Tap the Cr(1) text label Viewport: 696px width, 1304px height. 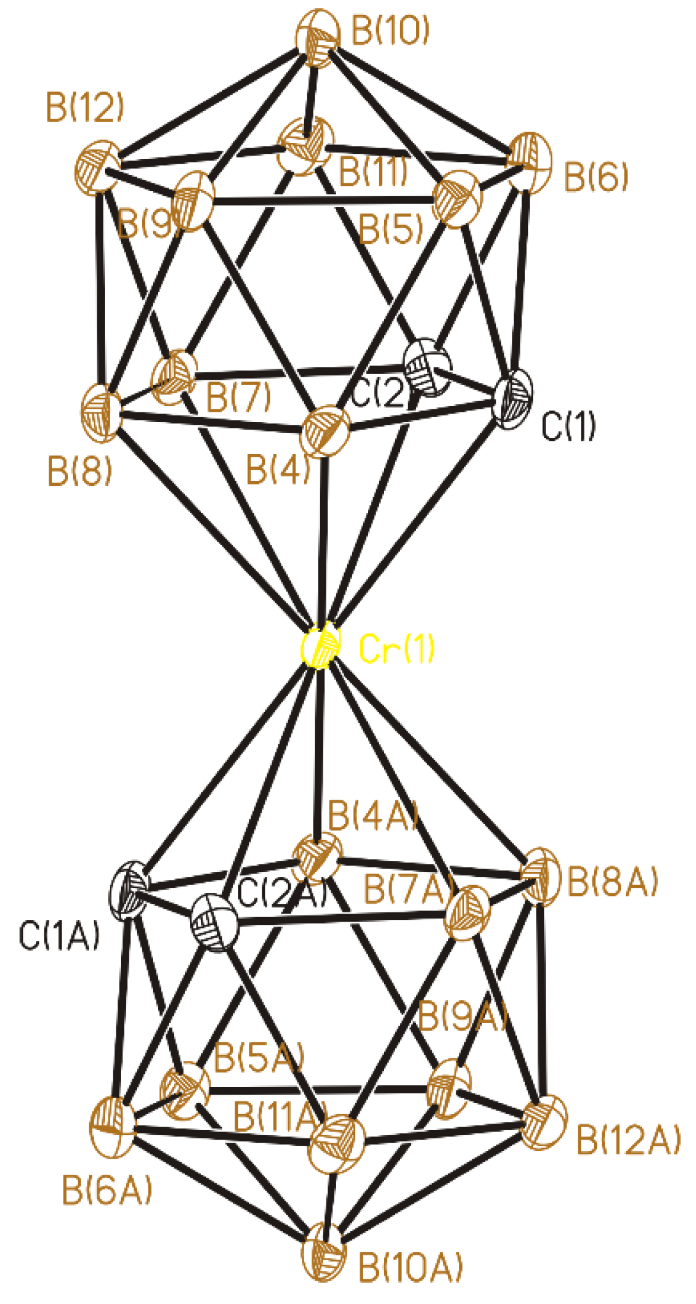tap(397, 648)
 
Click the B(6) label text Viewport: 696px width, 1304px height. tap(595, 176)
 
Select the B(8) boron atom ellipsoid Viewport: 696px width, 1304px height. tap(101, 412)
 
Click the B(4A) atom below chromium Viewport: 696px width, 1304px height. tap(319, 855)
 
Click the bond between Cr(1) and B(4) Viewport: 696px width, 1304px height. tap(323, 534)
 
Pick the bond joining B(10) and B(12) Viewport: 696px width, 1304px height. tap(208, 101)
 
